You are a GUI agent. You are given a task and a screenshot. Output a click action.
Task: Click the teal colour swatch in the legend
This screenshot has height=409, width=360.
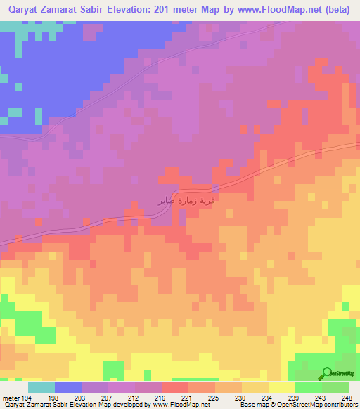point(41,387)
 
